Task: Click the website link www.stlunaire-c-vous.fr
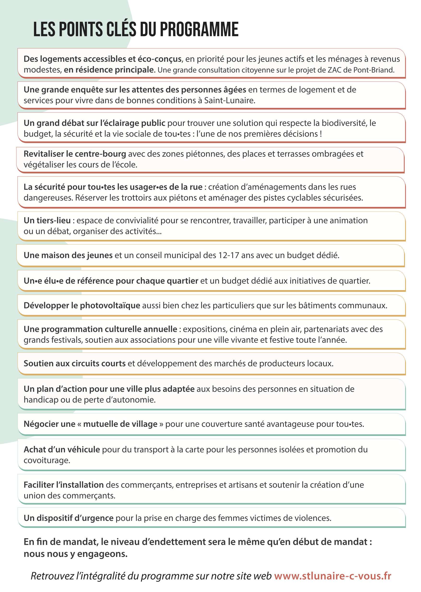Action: (x=332, y=576)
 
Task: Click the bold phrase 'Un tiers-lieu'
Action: (x=47, y=220)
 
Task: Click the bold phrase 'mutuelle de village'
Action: (x=120, y=424)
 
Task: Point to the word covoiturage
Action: (x=47, y=461)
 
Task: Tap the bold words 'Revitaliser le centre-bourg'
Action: (x=75, y=154)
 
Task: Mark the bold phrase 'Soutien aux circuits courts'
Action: (x=75, y=363)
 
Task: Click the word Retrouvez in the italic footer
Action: (x=52, y=576)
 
